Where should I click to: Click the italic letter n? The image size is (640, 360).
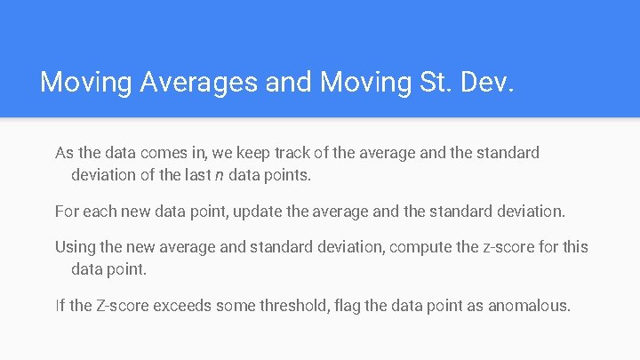point(218,175)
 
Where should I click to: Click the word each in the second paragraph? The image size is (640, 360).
point(100,212)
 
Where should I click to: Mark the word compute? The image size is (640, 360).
point(421,247)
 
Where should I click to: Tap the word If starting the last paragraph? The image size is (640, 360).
point(60,306)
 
